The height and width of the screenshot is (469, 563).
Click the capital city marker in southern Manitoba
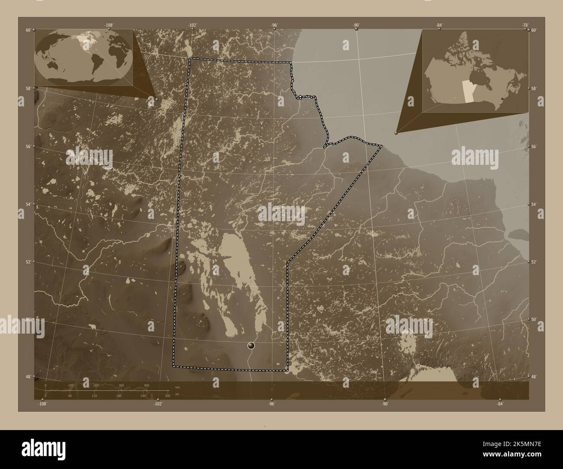(251, 345)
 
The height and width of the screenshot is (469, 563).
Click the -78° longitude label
(525, 25)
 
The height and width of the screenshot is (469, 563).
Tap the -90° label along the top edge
(356, 25)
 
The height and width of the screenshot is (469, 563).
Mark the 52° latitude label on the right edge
(534, 262)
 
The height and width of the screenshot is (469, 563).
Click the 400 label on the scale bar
(146, 385)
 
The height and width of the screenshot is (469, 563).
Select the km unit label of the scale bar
(177, 387)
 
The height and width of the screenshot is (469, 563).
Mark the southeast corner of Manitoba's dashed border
(288, 371)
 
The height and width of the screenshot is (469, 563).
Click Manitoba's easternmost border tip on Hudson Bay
(382, 146)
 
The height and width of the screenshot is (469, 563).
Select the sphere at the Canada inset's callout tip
(396, 132)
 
